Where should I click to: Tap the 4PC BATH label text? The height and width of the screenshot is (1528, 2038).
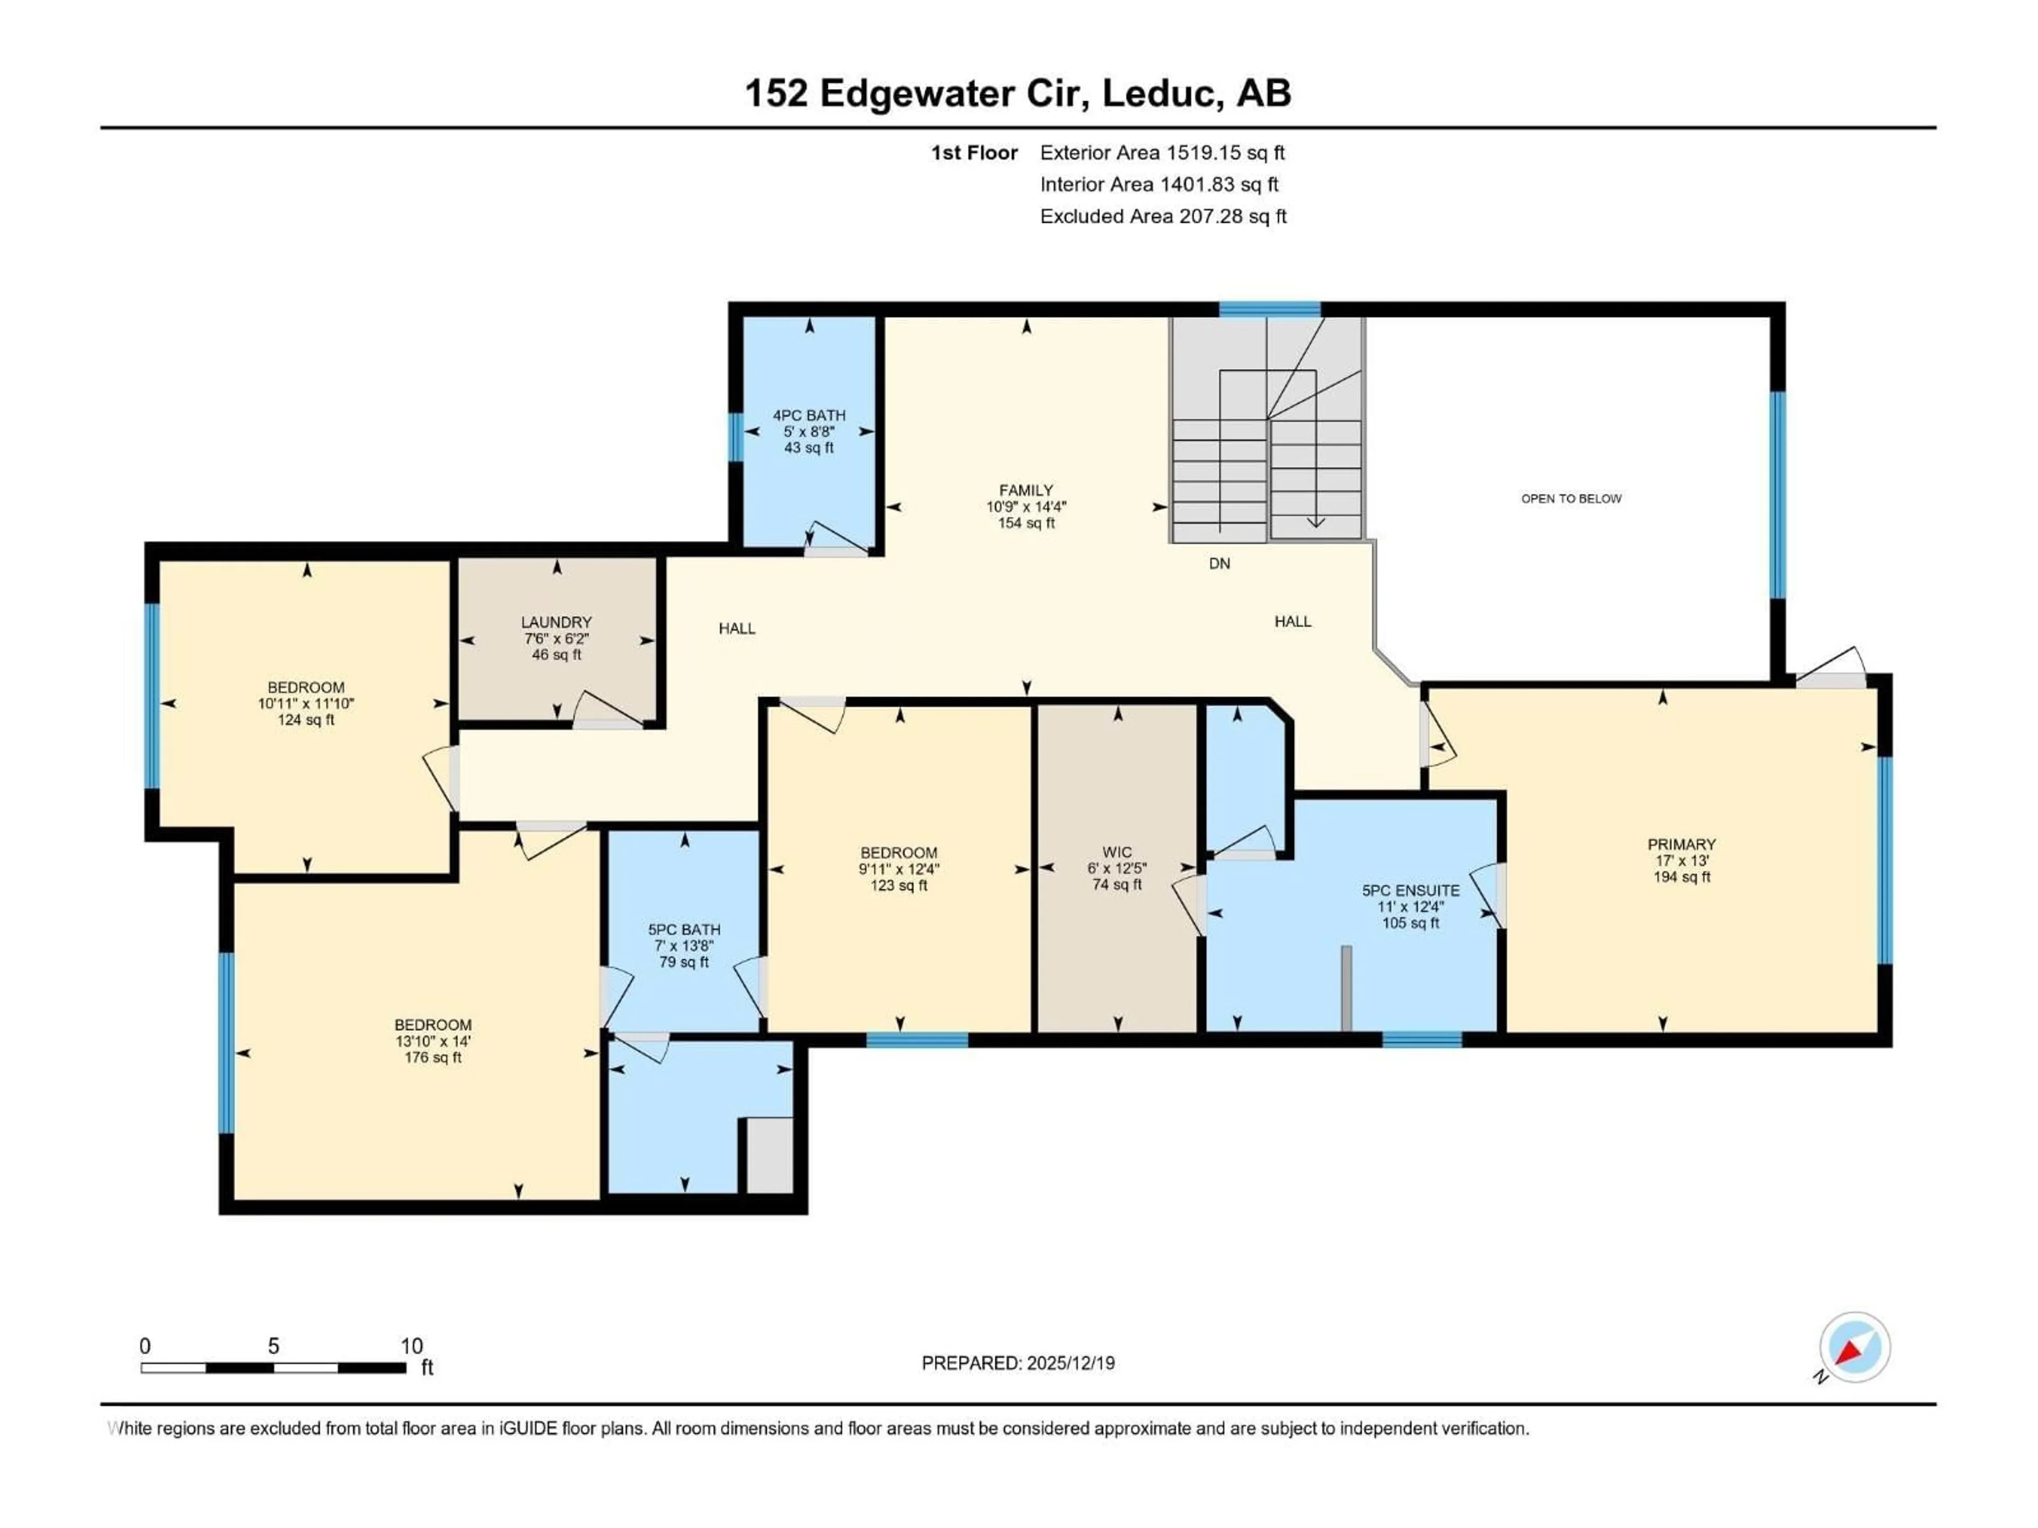(x=809, y=415)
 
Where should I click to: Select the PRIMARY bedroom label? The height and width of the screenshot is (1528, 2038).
(x=1681, y=844)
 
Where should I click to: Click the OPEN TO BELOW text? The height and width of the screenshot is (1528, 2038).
(x=1571, y=498)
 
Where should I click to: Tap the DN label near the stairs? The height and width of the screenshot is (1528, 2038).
(x=1219, y=563)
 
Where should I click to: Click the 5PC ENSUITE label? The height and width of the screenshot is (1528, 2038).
(x=1411, y=891)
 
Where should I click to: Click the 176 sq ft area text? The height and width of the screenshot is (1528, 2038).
(x=433, y=1057)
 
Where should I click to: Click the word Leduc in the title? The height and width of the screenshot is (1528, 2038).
(x=1163, y=93)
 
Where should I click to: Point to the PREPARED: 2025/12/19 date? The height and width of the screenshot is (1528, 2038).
(x=1018, y=1363)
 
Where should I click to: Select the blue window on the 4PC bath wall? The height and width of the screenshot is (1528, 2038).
(x=736, y=437)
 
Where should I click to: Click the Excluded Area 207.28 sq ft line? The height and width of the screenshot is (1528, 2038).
(x=1163, y=216)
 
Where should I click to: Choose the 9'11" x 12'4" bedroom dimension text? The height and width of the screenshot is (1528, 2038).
(x=899, y=869)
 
